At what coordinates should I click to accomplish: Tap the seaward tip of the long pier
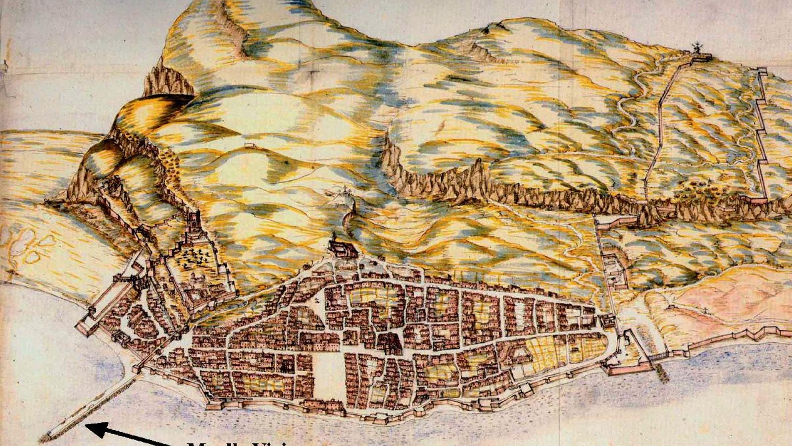[x=47, y=438]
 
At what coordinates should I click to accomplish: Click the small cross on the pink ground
[x=703, y=310]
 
